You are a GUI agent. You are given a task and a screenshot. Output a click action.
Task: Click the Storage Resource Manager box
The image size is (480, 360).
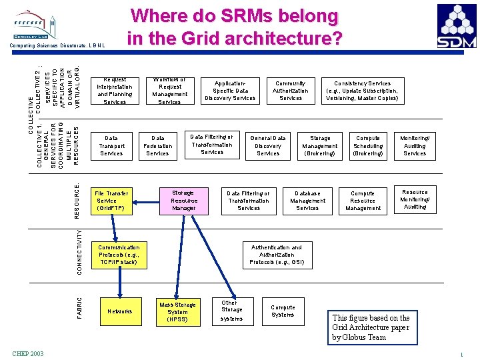[x=183, y=200]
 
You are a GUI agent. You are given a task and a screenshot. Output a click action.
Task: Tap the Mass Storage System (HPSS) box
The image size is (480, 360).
[x=178, y=312]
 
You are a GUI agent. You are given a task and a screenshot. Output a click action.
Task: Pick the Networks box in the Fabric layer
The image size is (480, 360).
[x=120, y=311]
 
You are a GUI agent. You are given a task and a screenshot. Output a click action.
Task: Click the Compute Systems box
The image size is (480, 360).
[x=283, y=311]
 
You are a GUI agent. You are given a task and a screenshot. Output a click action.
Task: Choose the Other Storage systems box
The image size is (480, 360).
[x=232, y=311]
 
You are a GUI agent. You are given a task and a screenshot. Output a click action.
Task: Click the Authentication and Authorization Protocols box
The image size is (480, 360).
[x=277, y=255]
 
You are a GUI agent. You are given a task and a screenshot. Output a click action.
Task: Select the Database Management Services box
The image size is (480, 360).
[x=307, y=201]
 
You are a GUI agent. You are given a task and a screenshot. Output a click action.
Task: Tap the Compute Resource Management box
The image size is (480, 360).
[x=363, y=201]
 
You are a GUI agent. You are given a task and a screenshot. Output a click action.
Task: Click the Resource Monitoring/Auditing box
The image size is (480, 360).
[x=415, y=199]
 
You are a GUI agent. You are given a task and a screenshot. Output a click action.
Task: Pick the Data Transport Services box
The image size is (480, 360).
[x=111, y=146]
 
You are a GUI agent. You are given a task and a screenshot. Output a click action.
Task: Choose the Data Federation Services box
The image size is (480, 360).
[x=158, y=146]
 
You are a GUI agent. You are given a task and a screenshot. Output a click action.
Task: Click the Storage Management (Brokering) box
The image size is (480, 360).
[x=320, y=146]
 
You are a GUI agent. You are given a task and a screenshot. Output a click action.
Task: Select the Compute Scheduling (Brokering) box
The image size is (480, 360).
[x=368, y=146]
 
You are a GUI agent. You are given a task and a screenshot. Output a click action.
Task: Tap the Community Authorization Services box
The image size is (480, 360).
[x=291, y=91]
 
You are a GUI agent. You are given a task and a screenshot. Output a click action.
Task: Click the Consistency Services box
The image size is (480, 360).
[x=362, y=91]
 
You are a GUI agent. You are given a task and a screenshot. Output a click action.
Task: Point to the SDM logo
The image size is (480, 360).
[x=457, y=26]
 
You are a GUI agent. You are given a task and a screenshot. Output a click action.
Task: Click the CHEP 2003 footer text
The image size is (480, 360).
[x=28, y=353]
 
